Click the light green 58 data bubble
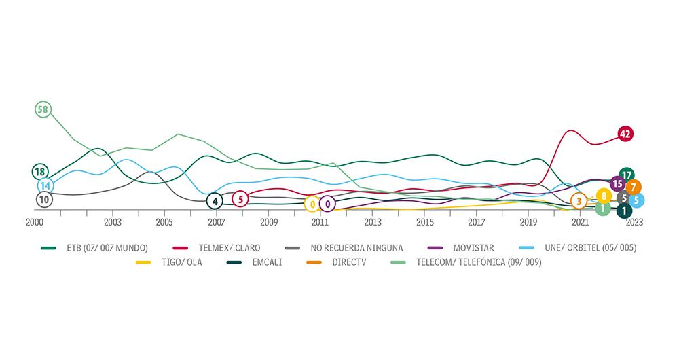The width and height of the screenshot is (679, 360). pos(43,109)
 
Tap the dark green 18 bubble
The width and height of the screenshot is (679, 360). pos(40,172)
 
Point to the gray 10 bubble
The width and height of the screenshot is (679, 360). pos(43,200)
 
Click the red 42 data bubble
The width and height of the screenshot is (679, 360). pos(625,134)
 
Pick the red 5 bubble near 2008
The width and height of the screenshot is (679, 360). pos(240,199)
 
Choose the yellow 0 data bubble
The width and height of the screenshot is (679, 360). pos(312,204)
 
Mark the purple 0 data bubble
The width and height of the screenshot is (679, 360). pos(327,203)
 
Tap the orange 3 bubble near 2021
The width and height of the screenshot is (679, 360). pos(579,200)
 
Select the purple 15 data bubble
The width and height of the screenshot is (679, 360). pos(617,183)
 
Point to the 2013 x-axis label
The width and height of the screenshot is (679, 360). pos(372,222)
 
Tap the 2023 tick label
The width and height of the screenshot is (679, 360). pos(634,222)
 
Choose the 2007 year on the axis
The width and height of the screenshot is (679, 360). pos(216,222)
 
